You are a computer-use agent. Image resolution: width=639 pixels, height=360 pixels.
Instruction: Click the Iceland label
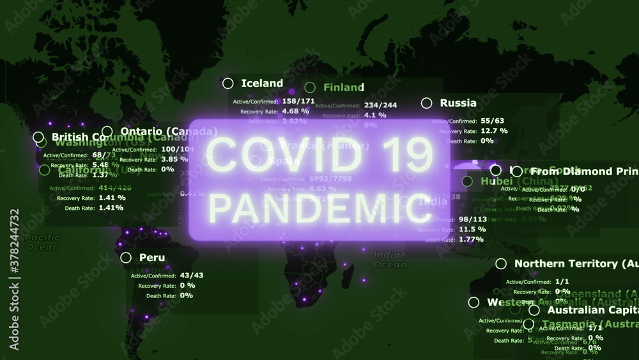click(262, 83)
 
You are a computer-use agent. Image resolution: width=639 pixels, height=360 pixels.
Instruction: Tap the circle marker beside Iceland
click(227, 83)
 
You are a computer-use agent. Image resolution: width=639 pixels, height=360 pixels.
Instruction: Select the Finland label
click(343, 88)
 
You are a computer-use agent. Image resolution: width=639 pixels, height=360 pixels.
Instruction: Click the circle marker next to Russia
click(427, 103)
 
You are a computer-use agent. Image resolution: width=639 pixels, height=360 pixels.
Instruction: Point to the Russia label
click(458, 103)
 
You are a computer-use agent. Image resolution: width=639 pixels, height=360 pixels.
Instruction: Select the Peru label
click(152, 258)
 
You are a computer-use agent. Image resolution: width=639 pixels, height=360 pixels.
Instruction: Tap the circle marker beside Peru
click(126, 258)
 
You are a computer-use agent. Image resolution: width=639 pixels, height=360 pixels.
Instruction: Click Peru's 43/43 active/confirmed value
click(191, 275)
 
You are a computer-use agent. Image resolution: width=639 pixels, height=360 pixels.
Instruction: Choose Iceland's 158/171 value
click(298, 101)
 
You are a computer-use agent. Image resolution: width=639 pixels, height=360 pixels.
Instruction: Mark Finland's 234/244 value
click(380, 106)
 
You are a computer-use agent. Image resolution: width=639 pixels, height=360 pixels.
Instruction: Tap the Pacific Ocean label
click(42, 242)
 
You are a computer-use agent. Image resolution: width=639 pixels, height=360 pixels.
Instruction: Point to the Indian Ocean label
click(390, 259)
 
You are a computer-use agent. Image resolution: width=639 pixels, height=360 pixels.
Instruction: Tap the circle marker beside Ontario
click(107, 130)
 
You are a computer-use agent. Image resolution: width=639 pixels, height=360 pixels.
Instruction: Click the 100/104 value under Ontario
click(177, 148)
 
